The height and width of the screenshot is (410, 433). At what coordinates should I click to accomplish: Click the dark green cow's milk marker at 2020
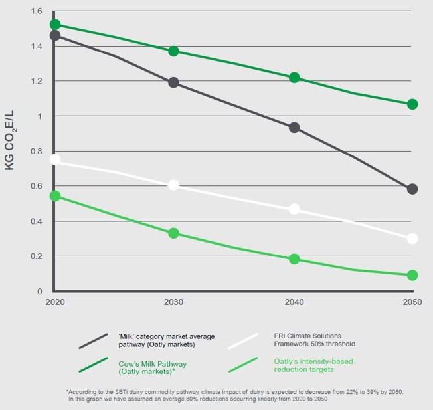pos(54,25)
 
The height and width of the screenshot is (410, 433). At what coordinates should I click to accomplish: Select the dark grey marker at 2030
pos(173,82)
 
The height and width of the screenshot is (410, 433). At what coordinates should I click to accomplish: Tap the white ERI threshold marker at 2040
pos(294,209)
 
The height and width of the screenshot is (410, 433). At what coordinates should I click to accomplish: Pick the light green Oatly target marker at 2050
pos(412,275)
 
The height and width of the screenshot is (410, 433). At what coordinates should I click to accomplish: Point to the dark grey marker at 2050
pos(412,189)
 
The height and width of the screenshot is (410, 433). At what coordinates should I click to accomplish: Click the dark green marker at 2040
pos(294,78)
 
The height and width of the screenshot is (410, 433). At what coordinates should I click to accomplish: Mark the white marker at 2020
pos(54,159)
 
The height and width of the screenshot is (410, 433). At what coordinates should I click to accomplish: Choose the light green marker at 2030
pos(173,233)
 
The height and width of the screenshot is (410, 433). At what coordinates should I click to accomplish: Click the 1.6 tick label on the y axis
pos(36,11)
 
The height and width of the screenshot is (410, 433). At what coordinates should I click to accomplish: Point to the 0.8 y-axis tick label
pos(36,152)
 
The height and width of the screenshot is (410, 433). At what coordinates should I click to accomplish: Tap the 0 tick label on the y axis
pos(39,291)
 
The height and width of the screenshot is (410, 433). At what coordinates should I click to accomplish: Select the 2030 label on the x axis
pos(174,303)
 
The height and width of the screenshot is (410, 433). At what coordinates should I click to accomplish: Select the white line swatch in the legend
pos(242,340)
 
